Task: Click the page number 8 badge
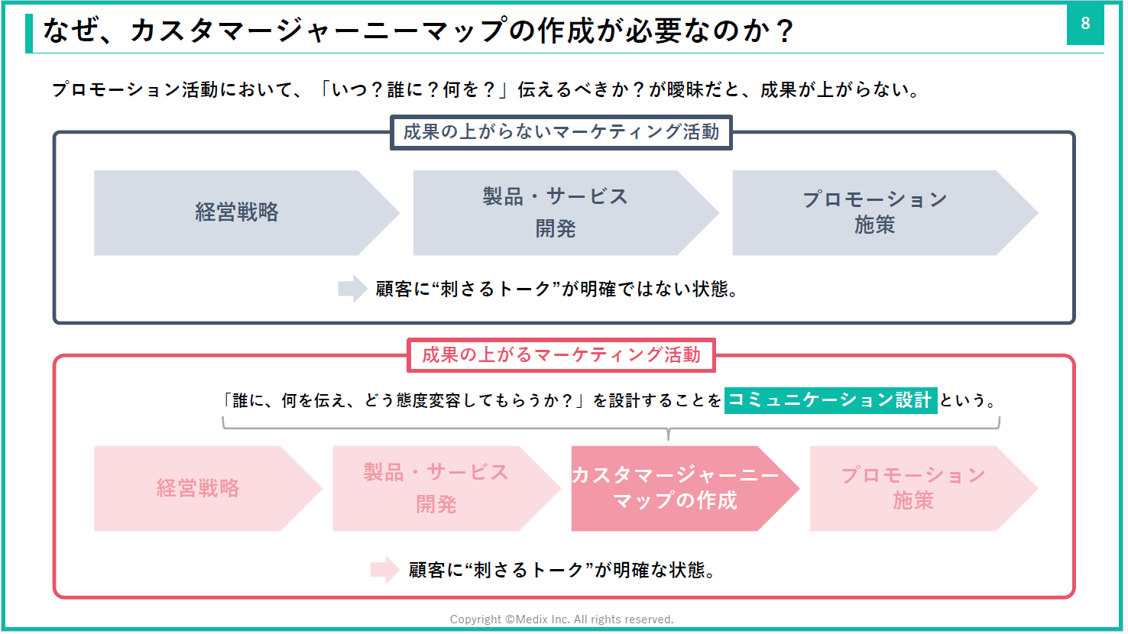tap(1085, 24)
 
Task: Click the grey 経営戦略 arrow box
tap(238, 212)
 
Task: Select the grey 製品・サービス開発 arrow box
tap(556, 212)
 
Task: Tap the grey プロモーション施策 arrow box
tap(875, 212)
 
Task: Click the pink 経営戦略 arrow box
tap(199, 488)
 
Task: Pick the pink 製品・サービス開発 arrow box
tap(436, 488)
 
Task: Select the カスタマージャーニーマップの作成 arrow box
tap(676, 488)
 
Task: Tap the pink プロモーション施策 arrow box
tap(914, 488)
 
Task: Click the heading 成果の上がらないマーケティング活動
tap(561, 132)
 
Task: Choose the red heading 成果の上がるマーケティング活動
tap(561, 355)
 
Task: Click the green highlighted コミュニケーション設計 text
tap(830, 399)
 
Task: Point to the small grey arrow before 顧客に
tap(352, 289)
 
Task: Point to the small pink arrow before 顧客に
tap(384, 569)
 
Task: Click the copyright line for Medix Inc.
tap(562, 619)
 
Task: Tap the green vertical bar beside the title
tap(29, 33)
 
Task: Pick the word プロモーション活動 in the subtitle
tap(135, 90)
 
